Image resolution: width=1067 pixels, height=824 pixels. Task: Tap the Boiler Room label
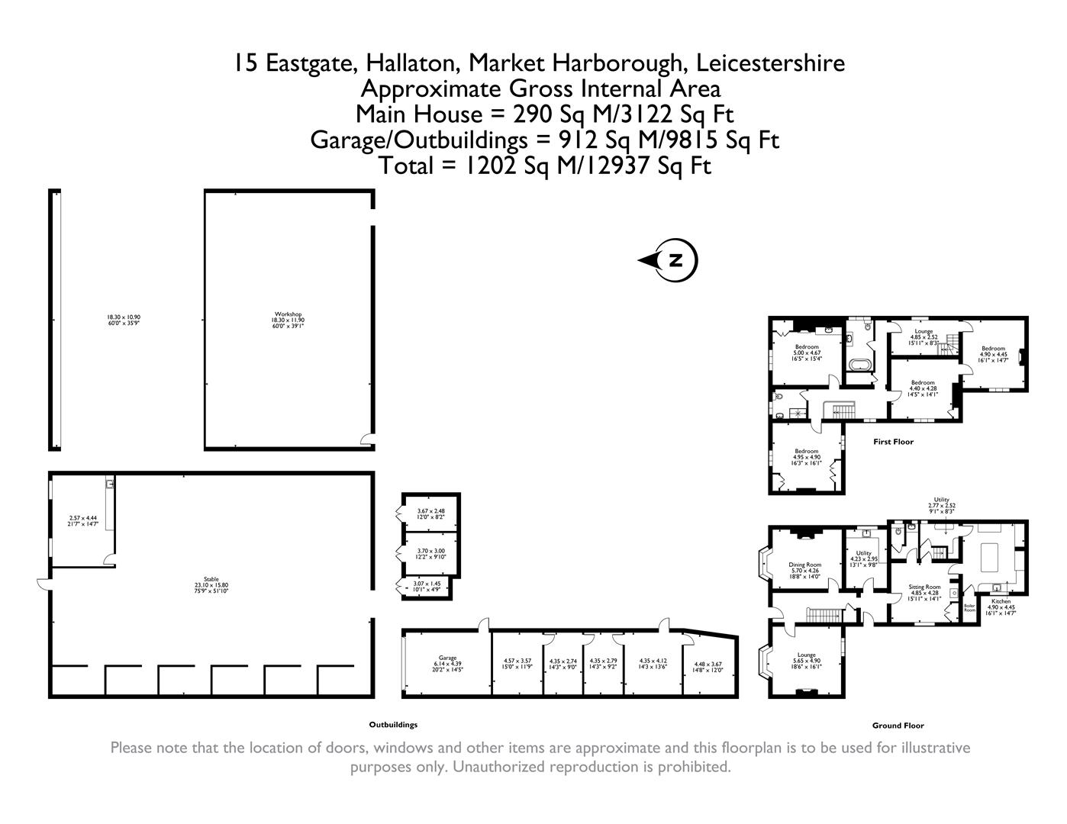969,608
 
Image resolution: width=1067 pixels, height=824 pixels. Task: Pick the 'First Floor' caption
893,442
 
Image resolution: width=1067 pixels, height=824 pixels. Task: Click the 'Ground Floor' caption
898,726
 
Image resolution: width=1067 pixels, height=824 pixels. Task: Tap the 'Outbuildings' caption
393,725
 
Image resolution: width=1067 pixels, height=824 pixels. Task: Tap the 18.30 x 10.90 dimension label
124,320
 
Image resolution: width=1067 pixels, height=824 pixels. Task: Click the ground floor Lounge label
806,658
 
